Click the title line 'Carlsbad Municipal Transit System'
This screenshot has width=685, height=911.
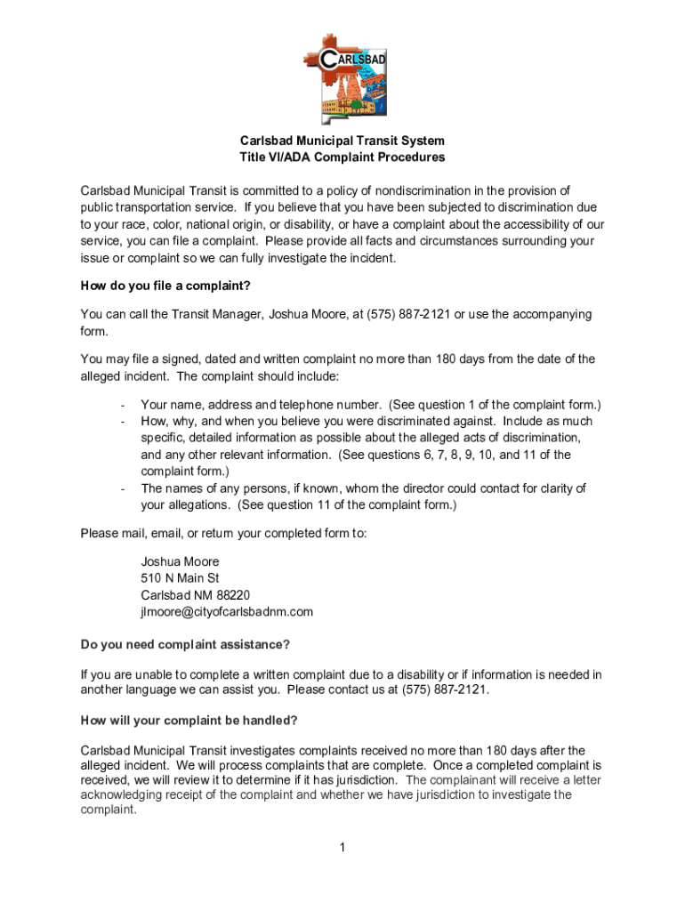pyautogui.click(x=342, y=141)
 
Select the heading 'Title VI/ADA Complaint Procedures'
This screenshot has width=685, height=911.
pyautogui.click(x=342, y=157)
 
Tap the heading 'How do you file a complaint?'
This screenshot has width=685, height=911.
pyautogui.click(x=165, y=286)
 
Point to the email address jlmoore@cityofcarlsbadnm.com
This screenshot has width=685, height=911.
pyautogui.click(x=227, y=612)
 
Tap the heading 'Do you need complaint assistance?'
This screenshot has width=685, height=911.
pyautogui.click(x=185, y=644)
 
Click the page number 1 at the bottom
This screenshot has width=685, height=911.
pyautogui.click(x=342, y=847)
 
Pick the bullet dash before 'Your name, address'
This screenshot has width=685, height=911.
pyautogui.click(x=121, y=405)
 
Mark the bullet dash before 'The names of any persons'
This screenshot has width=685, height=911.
pyautogui.click(x=121, y=488)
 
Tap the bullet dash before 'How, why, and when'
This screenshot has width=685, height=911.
pyautogui.click(x=121, y=422)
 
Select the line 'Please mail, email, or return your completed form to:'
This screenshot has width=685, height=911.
pyautogui.click(x=223, y=533)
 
